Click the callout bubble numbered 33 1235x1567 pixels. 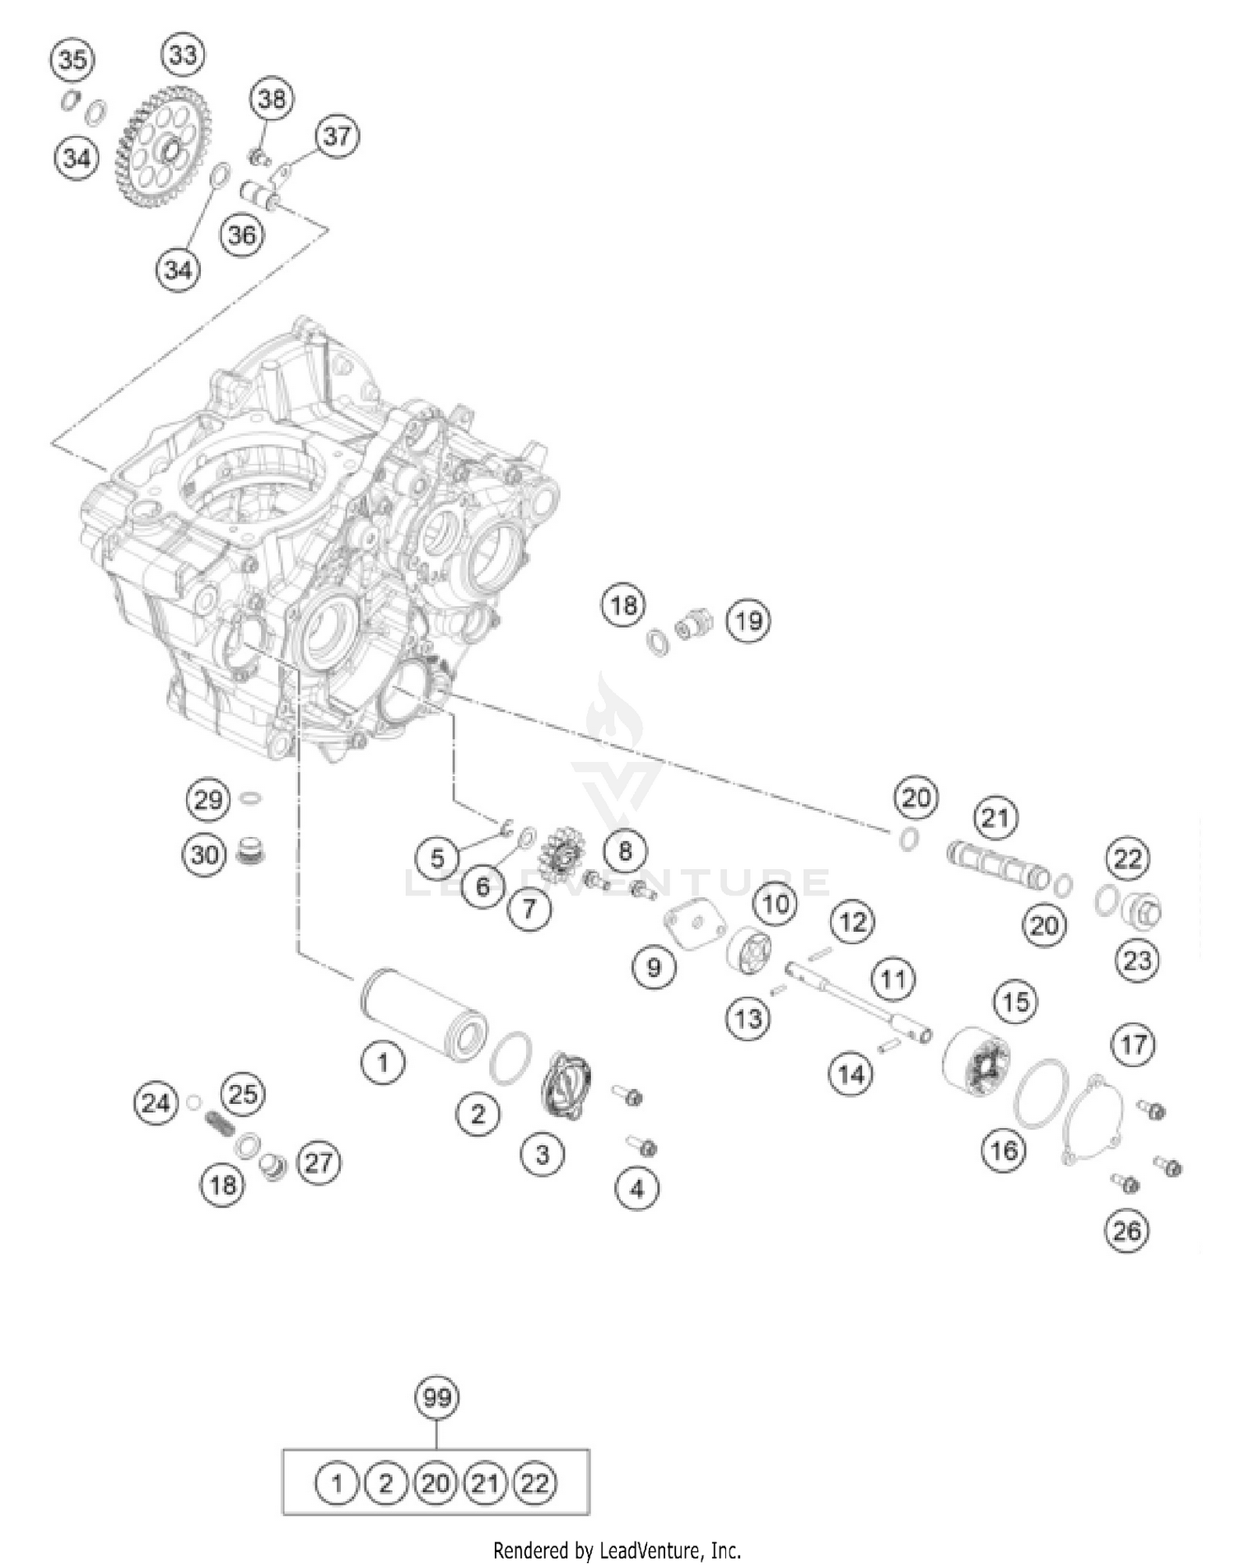click(183, 55)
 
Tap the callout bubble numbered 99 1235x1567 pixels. click(436, 1398)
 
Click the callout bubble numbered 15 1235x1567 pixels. click(1016, 1002)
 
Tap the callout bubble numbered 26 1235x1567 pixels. click(1126, 1231)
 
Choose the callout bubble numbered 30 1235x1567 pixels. click(205, 854)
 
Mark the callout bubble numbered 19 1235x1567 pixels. click(748, 620)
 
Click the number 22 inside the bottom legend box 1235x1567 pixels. click(534, 1484)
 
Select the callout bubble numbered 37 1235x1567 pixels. click(337, 135)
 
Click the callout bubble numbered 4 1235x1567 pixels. click(637, 1188)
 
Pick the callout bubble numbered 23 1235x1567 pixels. click(1137, 960)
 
